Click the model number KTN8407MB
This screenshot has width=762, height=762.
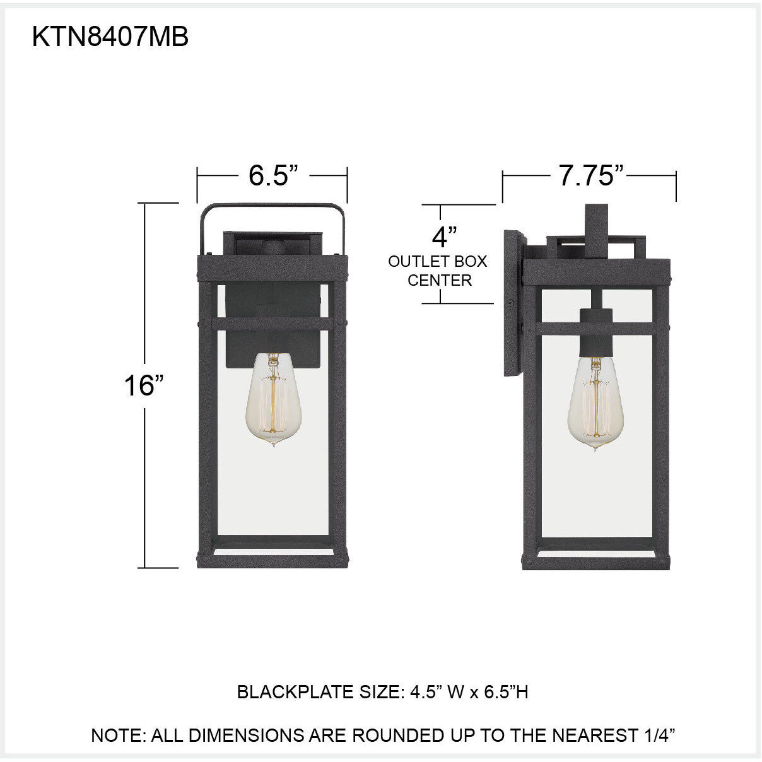[x=110, y=38]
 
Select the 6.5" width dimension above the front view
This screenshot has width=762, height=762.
[x=273, y=175]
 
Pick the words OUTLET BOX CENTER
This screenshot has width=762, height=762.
[x=438, y=271]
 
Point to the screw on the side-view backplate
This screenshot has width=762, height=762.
[x=509, y=304]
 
